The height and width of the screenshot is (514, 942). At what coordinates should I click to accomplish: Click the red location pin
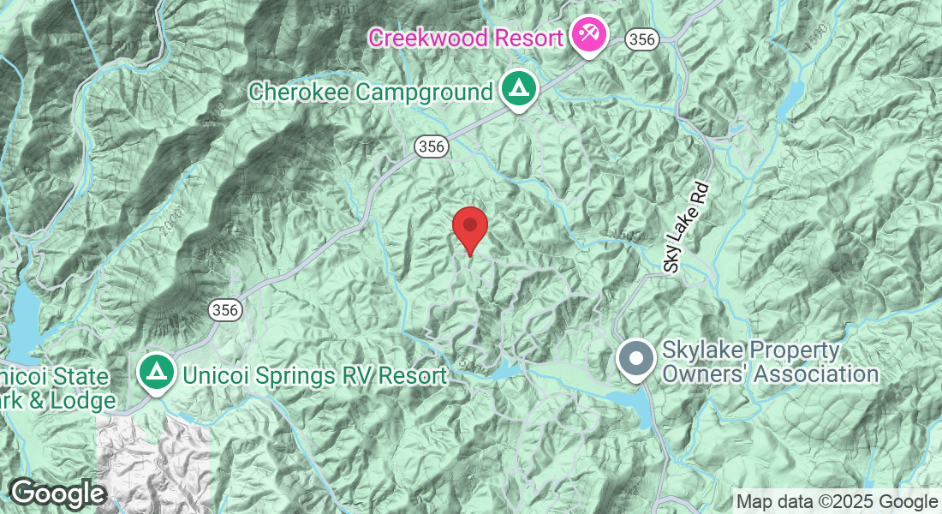click(x=469, y=227)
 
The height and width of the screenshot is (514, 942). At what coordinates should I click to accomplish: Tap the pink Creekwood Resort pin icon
click(x=588, y=36)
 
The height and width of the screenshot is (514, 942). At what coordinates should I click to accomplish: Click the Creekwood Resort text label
click(x=466, y=38)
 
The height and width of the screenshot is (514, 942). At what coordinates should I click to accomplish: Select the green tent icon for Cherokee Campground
click(x=516, y=90)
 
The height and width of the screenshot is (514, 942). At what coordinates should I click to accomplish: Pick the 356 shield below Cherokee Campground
click(x=432, y=146)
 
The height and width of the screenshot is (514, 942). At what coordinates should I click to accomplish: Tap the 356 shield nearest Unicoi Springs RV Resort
click(x=225, y=308)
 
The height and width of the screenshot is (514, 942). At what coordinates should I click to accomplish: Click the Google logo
click(x=57, y=493)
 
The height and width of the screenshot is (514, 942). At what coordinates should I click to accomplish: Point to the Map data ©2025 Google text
click(x=837, y=501)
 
